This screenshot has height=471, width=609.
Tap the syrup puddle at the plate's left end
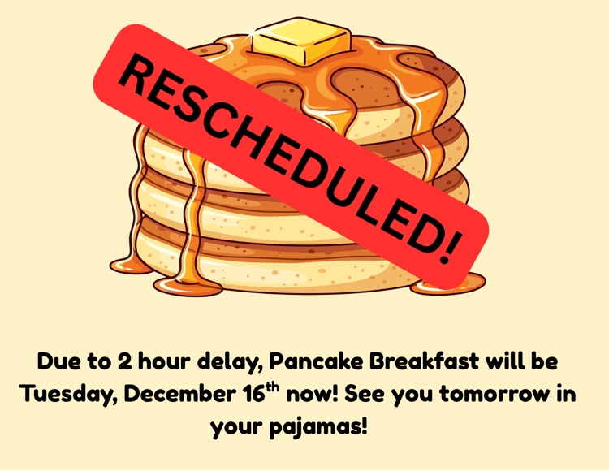pyautogui.click(x=130, y=265)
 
